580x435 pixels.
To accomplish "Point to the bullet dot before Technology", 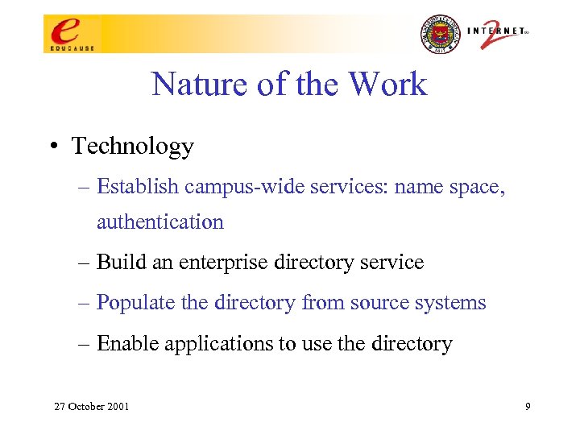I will click(x=51, y=147).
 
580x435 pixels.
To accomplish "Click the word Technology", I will click(x=133, y=147).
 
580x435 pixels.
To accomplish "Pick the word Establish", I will click(x=138, y=187).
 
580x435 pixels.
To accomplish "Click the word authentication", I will click(x=159, y=222).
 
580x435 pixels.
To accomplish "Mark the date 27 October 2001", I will click(x=91, y=406).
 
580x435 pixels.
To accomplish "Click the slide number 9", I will click(x=527, y=406).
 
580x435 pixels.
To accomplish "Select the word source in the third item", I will click(x=383, y=303).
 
